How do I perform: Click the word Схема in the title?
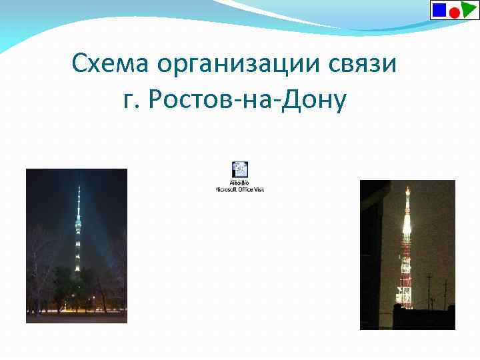[111, 65]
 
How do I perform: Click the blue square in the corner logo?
[439, 9]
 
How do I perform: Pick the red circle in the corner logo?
[453, 13]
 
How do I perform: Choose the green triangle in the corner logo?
[469, 9]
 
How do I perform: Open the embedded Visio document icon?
[240, 169]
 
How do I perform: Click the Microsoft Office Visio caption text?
[240, 189]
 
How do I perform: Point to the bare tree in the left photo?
[40, 267]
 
